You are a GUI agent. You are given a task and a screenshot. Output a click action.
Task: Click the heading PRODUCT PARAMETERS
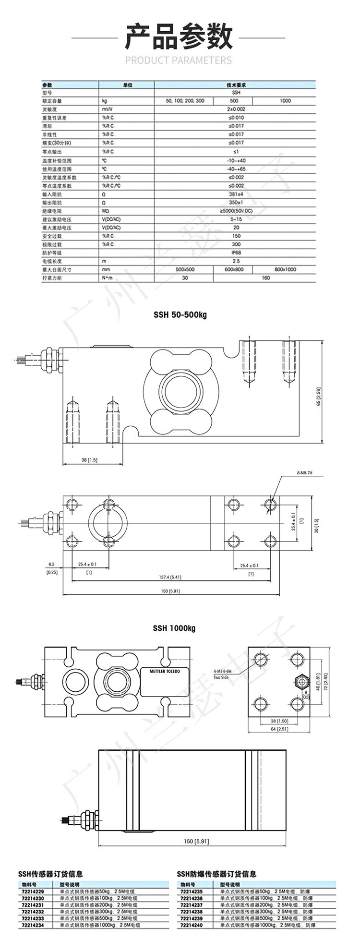(178, 60)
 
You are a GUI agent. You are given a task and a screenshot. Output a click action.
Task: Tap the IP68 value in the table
(236, 253)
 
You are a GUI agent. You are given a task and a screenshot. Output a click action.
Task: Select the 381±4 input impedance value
(236, 194)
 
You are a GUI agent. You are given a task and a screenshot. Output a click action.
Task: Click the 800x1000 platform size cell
(285, 270)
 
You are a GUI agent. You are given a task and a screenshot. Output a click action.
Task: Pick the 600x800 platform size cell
(234, 270)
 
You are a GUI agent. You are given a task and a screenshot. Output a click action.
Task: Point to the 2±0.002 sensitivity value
(236, 109)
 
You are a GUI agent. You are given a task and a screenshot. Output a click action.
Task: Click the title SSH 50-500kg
(180, 315)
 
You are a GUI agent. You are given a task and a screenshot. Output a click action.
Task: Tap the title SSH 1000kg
(174, 628)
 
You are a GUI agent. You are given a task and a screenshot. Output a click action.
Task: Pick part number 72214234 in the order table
(33, 925)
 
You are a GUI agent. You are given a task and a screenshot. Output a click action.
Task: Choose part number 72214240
(191, 925)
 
